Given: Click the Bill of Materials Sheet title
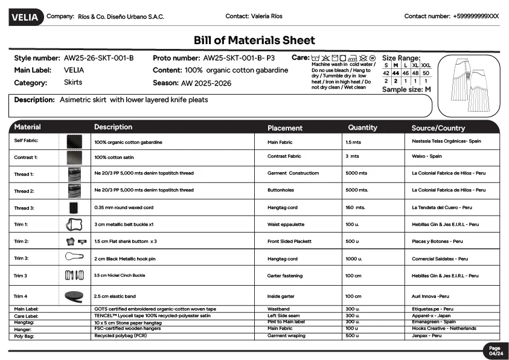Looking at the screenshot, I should click(254, 40).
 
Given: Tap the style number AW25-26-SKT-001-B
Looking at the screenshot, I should click(98, 59).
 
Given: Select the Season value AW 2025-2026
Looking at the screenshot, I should click(205, 83).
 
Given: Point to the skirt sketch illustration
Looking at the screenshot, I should click(466, 85).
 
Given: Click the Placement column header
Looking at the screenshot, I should click(285, 128).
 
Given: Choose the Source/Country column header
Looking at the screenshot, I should click(438, 128).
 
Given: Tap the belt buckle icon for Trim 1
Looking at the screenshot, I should click(74, 225).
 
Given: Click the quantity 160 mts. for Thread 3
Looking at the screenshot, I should click(356, 207).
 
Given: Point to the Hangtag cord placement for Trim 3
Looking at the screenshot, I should click(283, 259).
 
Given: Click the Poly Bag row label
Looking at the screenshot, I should click(24, 336).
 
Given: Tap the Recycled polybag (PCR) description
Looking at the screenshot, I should click(121, 336).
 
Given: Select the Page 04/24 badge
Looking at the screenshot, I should click(495, 351).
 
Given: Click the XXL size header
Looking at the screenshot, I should click(426, 65).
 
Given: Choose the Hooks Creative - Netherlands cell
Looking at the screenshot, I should click(444, 329).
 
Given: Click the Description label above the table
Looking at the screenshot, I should click(35, 100).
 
